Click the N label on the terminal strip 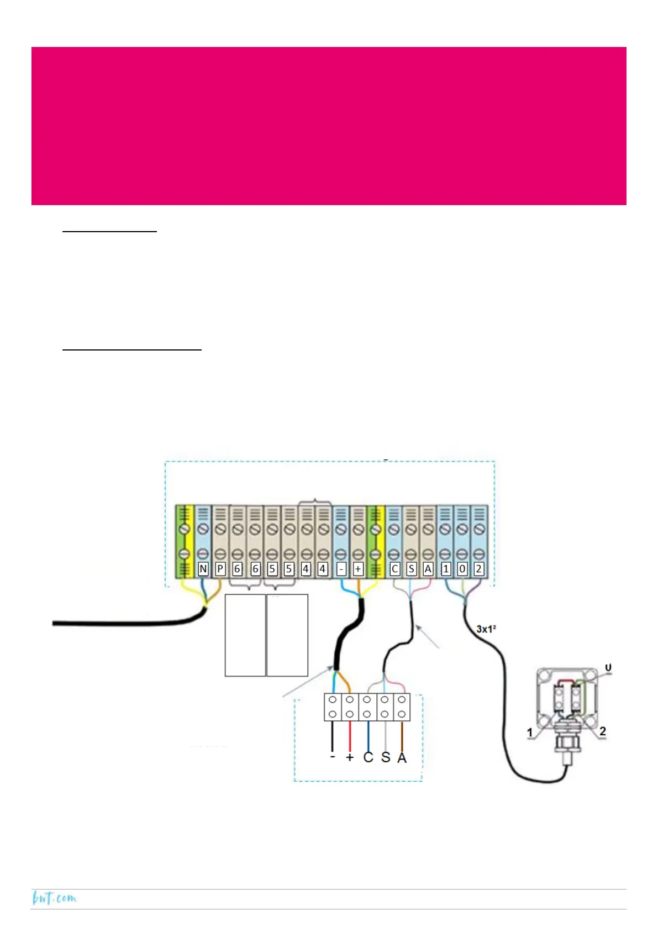[203, 569]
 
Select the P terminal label [220, 569]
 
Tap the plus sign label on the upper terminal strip [358, 569]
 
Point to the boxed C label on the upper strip [394, 569]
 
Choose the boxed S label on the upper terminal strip [411, 569]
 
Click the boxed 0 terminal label [462, 569]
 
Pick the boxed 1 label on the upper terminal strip [446, 569]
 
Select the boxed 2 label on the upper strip [479, 569]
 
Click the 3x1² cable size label [486, 629]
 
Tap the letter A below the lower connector [402, 758]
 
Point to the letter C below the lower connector [368, 757]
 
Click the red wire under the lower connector [350, 735]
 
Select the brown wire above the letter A [402, 735]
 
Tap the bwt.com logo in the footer [54, 898]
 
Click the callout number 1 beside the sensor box [530, 733]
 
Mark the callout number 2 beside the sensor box [603, 731]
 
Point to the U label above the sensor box [608, 668]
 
